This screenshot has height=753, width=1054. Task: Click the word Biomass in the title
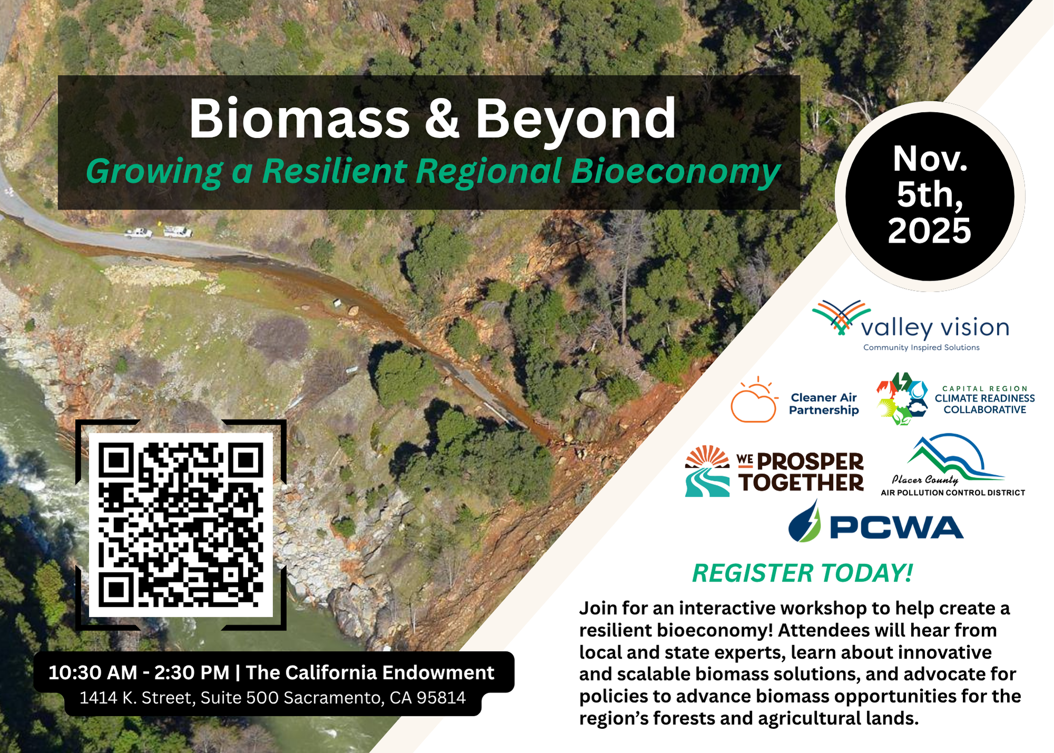pyautogui.click(x=299, y=119)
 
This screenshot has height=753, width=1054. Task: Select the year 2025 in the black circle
pyautogui.click(x=930, y=230)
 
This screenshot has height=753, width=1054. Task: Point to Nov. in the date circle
pyautogui.click(x=930, y=159)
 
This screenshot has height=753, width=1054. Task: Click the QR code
pyautogui.click(x=181, y=525)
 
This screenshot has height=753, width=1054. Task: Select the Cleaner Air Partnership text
pyautogui.click(x=824, y=404)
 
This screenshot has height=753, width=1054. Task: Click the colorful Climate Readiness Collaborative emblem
pyautogui.click(x=902, y=399)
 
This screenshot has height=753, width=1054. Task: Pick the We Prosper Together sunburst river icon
pyautogui.click(x=707, y=471)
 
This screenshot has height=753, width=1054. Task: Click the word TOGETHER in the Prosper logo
pyautogui.click(x=801, y=482)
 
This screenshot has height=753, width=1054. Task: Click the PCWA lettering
pyautogui.click(x=896, y=527)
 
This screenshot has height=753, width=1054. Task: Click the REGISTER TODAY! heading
pyautogui.click(x=802, y=573)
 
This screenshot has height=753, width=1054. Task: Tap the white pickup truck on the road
pyautogui.click(x=139, y=233)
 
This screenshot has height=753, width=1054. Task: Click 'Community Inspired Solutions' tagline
pyautogui.click(x=921, y=347)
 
